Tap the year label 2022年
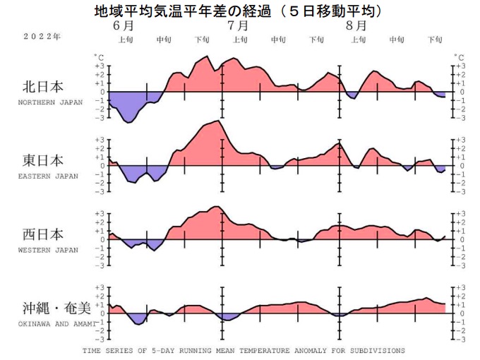(x=41, y=36)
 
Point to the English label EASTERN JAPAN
(x=48, y=176)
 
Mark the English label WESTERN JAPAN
(x=48, y=249)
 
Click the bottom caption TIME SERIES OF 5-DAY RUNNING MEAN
(x=244, y=350)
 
